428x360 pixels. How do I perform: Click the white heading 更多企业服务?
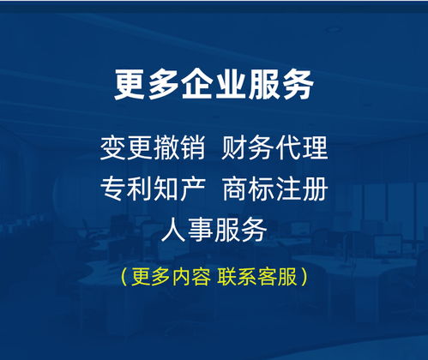click(214, 85)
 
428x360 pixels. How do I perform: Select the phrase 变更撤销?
click(153, 148)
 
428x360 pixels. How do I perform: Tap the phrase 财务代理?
click(274, 148)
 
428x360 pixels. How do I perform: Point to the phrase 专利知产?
click(153, 189)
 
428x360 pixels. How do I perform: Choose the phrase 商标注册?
click(274, 189)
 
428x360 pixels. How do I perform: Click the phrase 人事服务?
click(214, 230)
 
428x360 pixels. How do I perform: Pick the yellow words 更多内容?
click(171, 277)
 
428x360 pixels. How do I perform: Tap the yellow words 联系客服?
click(257, 277)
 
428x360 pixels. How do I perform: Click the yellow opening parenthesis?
click(124, 277)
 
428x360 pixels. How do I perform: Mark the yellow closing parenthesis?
click(304, 277)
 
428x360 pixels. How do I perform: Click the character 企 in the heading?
click(197, 85)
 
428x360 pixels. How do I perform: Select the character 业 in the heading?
click(231, 85)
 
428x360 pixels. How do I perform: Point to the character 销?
click(193, 148)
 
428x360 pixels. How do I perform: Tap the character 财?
click(234, 148)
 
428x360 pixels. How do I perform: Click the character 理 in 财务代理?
click(315, 148)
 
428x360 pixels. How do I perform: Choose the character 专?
click(113, 189)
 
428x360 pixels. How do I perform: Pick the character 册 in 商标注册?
click(315, 189)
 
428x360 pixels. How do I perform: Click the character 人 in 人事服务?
click(174, 230)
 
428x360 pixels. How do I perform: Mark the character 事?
click(201, 230)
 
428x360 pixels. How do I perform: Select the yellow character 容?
click(201, 277)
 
